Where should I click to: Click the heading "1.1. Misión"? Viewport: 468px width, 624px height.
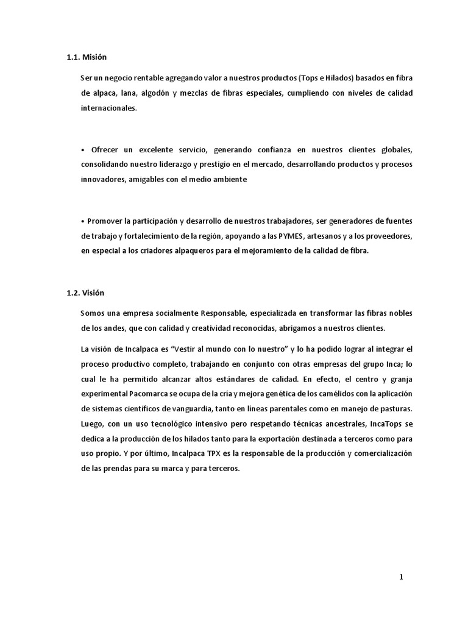87,57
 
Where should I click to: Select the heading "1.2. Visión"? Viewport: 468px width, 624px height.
87,292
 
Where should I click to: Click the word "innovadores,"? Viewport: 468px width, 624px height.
103,180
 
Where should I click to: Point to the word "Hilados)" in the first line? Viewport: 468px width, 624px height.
335,78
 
